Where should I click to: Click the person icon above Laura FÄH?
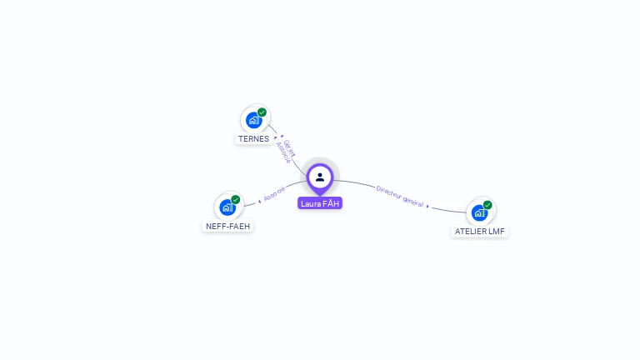320,177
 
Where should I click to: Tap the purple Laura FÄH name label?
320,203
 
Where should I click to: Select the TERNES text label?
253,139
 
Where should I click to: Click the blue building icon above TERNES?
254,120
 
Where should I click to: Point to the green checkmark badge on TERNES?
262,112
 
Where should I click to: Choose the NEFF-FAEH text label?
227,226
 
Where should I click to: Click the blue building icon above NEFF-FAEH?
227,207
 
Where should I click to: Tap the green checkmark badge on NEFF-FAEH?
236,200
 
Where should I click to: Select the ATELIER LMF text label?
480,231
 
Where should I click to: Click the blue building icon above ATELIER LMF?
479,212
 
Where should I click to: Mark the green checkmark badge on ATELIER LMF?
487,205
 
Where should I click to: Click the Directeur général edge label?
400,197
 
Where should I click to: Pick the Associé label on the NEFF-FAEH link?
274,195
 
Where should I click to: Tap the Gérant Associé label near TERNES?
286,151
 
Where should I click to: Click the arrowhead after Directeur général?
428,206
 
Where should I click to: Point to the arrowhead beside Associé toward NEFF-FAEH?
258,201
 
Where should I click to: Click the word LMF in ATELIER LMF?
497,231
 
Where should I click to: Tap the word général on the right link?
412,201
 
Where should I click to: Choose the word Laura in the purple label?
311,203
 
